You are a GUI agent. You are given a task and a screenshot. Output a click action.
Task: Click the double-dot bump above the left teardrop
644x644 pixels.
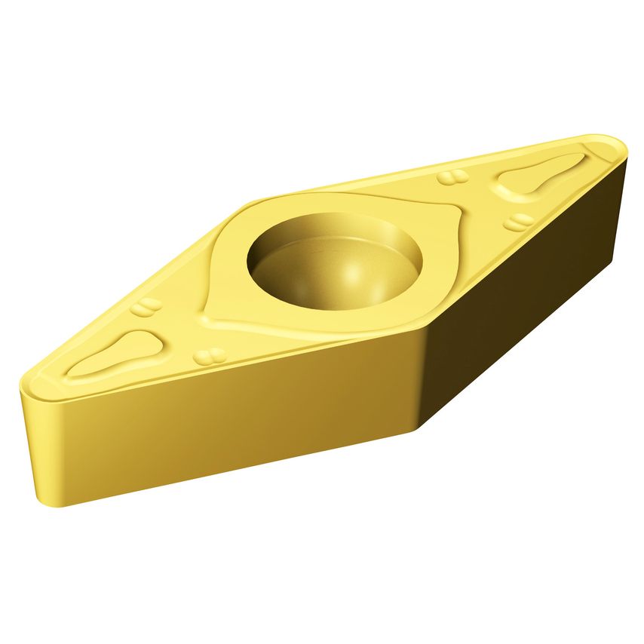click(x=146, y=307)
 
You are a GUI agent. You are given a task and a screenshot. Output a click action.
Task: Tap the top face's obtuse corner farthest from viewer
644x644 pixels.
click(x=256, y=200)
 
